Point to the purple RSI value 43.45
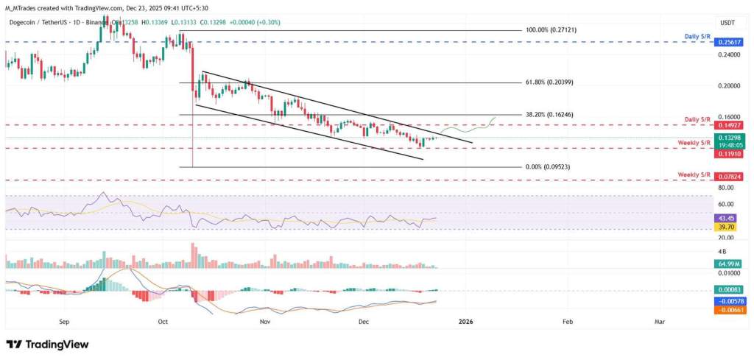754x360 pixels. tap(725, 218)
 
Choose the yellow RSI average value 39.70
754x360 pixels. tap(725, 227)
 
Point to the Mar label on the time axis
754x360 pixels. tap(660, 322)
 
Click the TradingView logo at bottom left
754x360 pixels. tap(47, 345)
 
